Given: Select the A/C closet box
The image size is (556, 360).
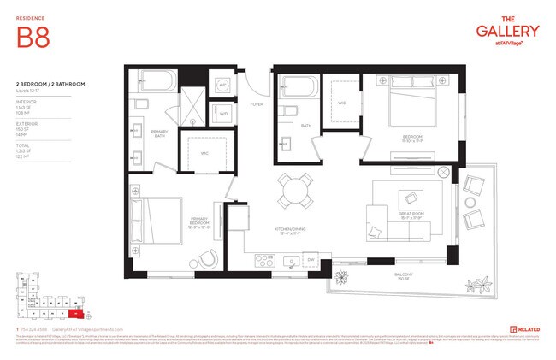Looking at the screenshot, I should point(222,86).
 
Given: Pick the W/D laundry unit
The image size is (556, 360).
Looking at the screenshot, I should point(222,113).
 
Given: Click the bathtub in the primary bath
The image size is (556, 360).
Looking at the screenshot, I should point(154,84).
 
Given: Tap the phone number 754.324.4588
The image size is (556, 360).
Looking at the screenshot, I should point(33,328).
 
